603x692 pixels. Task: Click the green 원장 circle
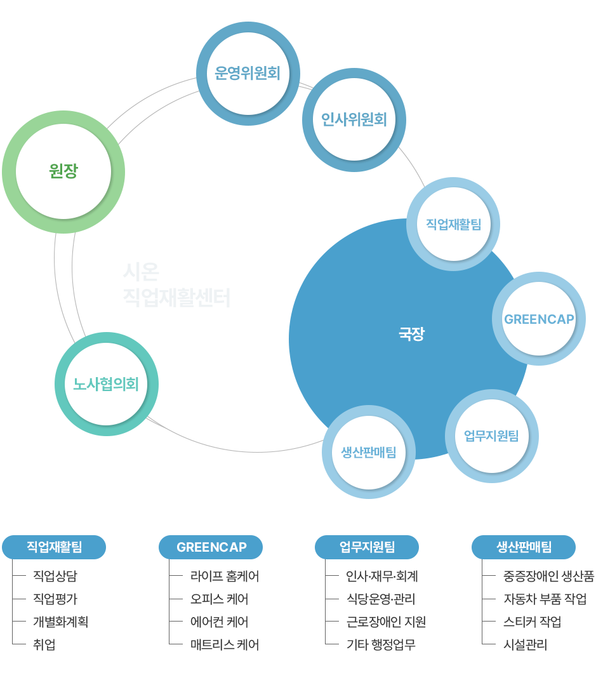[63, 171]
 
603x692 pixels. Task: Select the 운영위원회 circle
[248, 73]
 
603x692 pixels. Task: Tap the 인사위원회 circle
[354, 119]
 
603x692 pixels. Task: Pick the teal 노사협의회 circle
[106, 384]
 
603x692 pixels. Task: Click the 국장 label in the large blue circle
[411, 334]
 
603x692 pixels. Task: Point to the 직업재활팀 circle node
[453, 224]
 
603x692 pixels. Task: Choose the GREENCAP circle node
[539, 319]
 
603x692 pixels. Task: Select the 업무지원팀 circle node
[491, 436]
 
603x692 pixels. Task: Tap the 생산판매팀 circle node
[368, 452]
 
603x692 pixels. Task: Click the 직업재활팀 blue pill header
[54, 547]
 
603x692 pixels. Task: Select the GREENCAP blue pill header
[211, 547]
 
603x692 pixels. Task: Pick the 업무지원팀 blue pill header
[367, 547]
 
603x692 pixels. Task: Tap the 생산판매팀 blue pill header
[524, 547]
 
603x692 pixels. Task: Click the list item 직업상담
[55, 576]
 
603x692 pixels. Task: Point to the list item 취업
[44, 645]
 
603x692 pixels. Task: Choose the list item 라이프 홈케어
[225, 576]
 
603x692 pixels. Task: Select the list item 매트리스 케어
[225, 645]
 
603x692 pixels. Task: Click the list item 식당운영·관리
[381, 599]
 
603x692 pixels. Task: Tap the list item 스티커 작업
[533, 622]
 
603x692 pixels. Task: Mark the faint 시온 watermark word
[141, 272]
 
